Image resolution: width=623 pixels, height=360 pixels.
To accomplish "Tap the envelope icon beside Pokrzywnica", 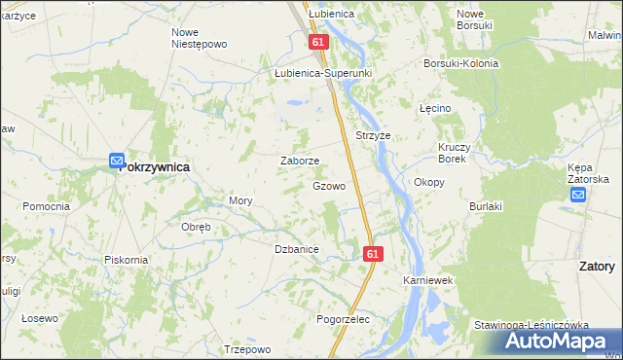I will click(x=116, y=161).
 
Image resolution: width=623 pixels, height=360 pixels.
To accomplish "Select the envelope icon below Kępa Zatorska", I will click(x=578, y=195).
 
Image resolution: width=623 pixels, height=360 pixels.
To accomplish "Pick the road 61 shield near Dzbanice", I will click(x=374, y=253).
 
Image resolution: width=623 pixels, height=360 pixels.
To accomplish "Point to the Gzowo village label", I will click(x=328, y=185).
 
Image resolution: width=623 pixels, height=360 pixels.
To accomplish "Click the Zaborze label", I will click(x=300, y=162).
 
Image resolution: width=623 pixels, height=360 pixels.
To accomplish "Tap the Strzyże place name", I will click(x=373, y=136).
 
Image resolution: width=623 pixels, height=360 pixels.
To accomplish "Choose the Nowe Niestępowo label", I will click(x=199, y=38).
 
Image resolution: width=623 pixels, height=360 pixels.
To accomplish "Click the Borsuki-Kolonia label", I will click(x=459, y=63).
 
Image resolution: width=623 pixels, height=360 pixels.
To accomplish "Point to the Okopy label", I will click(x=429, y=182).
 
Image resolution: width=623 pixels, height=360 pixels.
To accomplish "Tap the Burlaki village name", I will click(x=485, y=206).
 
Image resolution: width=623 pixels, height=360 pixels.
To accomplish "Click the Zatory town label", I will click(x=596, y=266).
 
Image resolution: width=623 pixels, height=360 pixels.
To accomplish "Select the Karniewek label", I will click(x=429, y=280).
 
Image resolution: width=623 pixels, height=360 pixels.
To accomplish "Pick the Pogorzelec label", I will click(x=344, y=319).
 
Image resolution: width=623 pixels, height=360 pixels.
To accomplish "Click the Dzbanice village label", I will click(x=297, y=250).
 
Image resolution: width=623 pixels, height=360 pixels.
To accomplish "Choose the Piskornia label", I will click(x=126, y=260).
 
